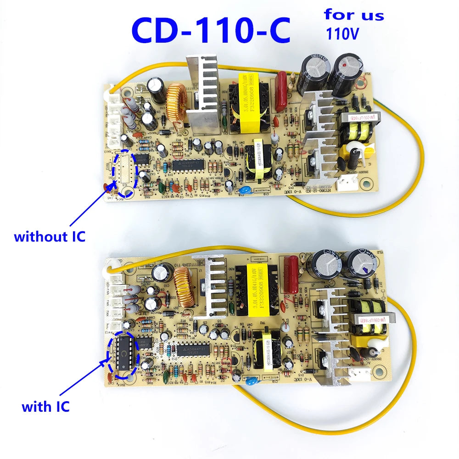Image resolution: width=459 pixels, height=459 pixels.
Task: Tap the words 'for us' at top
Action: click(x=353, y=14)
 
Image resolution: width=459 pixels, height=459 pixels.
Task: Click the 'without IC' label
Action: click(x=49, y=237)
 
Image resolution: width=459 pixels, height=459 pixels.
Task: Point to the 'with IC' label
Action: click(x=45, y=406)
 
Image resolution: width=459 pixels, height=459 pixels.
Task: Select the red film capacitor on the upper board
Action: click(x=280, y=90)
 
